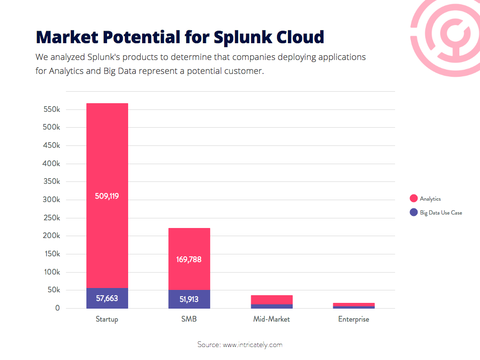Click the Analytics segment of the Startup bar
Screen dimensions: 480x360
(x=107, y=196)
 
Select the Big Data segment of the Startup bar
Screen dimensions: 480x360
(x=107, y=298)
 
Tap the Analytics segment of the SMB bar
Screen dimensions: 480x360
(x=189, y=259)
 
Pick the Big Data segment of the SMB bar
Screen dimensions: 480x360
(x=189, y=299)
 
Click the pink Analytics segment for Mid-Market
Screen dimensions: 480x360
(x=272, y=300)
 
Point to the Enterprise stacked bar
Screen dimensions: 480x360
(x=354, y=306)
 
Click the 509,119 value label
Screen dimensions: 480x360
(x=107, y=196)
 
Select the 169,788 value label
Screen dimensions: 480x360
(x=189, y=260)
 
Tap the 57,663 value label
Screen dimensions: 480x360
(x=107, y=298)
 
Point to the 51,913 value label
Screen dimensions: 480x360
(x=189, y=299)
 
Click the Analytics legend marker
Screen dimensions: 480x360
(x=414, y=198)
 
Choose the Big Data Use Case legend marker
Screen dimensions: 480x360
(x=414, y=212)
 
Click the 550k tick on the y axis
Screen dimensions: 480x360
(x=52, y=109)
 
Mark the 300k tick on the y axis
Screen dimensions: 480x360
(x=52, y=200)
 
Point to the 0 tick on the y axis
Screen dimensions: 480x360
(x=58, y=308)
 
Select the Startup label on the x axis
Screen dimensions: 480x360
(x=107, y=319)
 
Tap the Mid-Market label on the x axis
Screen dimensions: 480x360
(x=272, y=319)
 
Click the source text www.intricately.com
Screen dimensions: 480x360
(x=252, y=345)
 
